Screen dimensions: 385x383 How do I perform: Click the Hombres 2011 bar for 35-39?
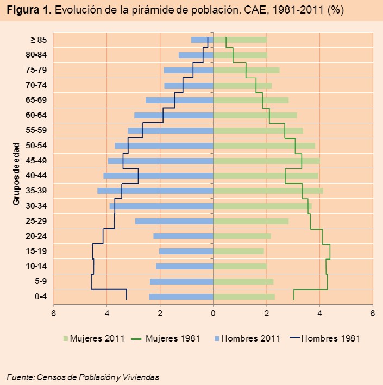point(155,191)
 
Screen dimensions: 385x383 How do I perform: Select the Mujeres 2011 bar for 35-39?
point(268,191)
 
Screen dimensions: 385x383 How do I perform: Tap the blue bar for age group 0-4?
point(181,296)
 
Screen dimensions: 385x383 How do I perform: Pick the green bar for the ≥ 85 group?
point(240,40)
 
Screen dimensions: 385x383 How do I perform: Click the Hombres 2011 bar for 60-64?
point(174,115)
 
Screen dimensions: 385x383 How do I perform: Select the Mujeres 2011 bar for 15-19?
point(238,251)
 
